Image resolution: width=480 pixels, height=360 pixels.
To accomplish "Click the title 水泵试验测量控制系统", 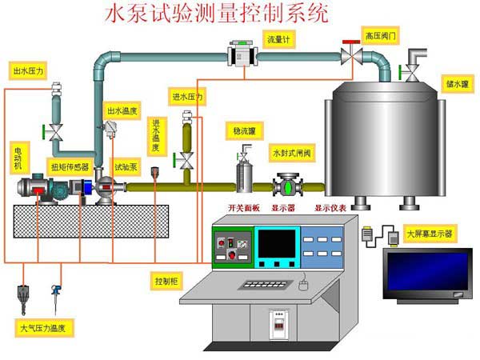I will coord(216,14).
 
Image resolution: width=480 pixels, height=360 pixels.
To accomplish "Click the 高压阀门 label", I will coord(380,36).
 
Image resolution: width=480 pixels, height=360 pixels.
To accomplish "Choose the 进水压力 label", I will coord(187,98).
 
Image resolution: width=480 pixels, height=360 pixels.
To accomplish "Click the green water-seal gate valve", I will coord(286,187).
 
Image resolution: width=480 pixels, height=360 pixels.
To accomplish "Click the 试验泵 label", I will coord(126,167).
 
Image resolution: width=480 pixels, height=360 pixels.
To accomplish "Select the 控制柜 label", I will coord(166,281).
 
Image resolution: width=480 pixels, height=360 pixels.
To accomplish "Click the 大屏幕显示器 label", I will coord(429,234).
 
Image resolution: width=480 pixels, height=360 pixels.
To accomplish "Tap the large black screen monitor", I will coord(427,274).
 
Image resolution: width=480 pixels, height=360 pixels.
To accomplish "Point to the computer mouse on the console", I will coord(303,284).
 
